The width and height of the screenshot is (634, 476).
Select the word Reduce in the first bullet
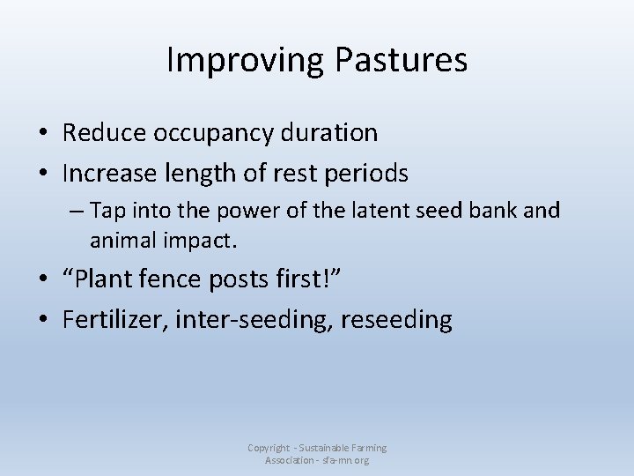point(104,133)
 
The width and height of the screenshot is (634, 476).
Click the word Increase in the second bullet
point(111,174)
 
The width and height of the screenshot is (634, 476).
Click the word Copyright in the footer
point(267,449)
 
